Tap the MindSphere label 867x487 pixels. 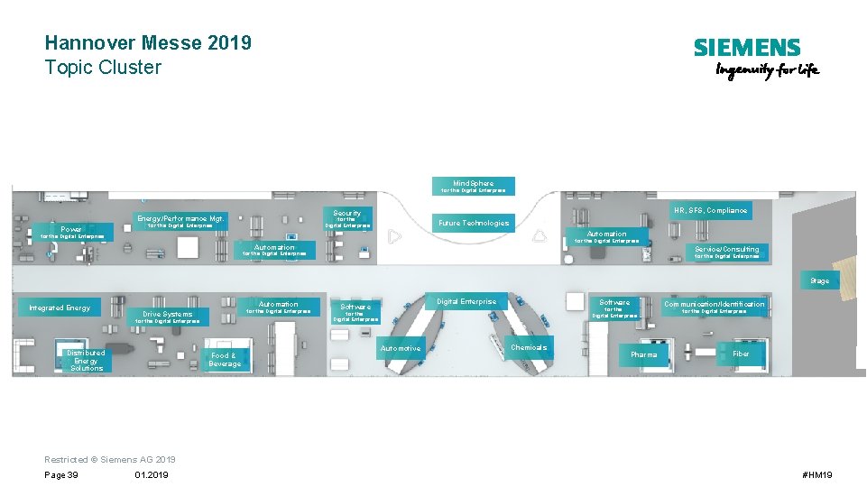(474, 183)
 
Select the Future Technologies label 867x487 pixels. (474, 223)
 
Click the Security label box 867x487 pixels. (347, 214)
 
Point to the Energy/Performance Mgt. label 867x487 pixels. (180, 218)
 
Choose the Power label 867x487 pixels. (71, 229)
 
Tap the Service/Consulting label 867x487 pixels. (726, 249)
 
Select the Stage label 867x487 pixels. (819, 280)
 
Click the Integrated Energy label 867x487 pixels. (60, 308)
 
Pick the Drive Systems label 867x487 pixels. (168, 314)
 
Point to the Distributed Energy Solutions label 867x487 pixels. (86, 360)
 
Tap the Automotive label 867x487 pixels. (401, 348)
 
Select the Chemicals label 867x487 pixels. (529, 347)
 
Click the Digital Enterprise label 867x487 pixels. (466, 301)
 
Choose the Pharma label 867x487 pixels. (644, 354)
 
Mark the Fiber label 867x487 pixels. (741, 354)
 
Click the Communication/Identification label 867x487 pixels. (714, 304)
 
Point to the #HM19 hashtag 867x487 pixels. (816, 474)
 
